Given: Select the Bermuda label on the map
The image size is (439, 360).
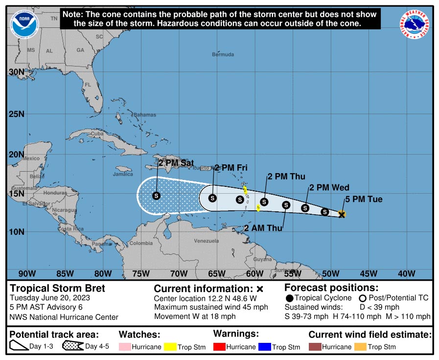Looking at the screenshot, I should pos(223,54).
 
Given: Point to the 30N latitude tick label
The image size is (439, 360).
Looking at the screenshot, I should pos(17,72).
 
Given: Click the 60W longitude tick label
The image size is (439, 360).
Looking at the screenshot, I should pos(254,273).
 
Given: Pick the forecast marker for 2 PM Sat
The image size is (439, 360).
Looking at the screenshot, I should pos(156,196).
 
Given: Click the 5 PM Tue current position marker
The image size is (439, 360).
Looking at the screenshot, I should pos(342,214).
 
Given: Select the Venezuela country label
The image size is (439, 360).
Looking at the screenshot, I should pos(206,241).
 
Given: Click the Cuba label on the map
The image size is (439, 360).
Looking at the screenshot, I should pos(97,134).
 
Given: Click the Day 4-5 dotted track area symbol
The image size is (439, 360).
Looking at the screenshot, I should pos(73,347).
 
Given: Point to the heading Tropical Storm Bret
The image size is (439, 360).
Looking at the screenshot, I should pos(58,288).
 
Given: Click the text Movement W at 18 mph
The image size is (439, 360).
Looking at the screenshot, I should pos(195,316).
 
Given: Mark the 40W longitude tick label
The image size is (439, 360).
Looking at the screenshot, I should pos(407,273).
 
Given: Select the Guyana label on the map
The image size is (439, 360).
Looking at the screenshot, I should pos(262,259).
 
